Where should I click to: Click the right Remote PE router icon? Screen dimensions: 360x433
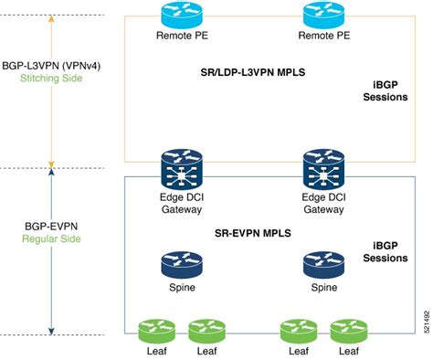(324, 16)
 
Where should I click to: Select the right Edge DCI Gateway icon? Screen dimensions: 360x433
(324, 169)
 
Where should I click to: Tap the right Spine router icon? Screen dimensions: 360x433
(324, 264)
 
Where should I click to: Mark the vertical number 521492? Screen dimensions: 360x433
(425, 320)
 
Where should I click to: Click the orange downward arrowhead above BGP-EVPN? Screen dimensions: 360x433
(52, 164)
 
